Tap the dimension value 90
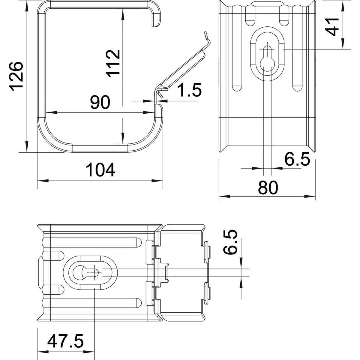(x=100, y=103)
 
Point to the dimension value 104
(x=100, y=170)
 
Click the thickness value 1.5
(x=189, y=90)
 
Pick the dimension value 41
(x=333, y=26)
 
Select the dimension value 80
(x=268, y=188)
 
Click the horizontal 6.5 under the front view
(x=297, y=159)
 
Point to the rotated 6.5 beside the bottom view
(x=231, y=242)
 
